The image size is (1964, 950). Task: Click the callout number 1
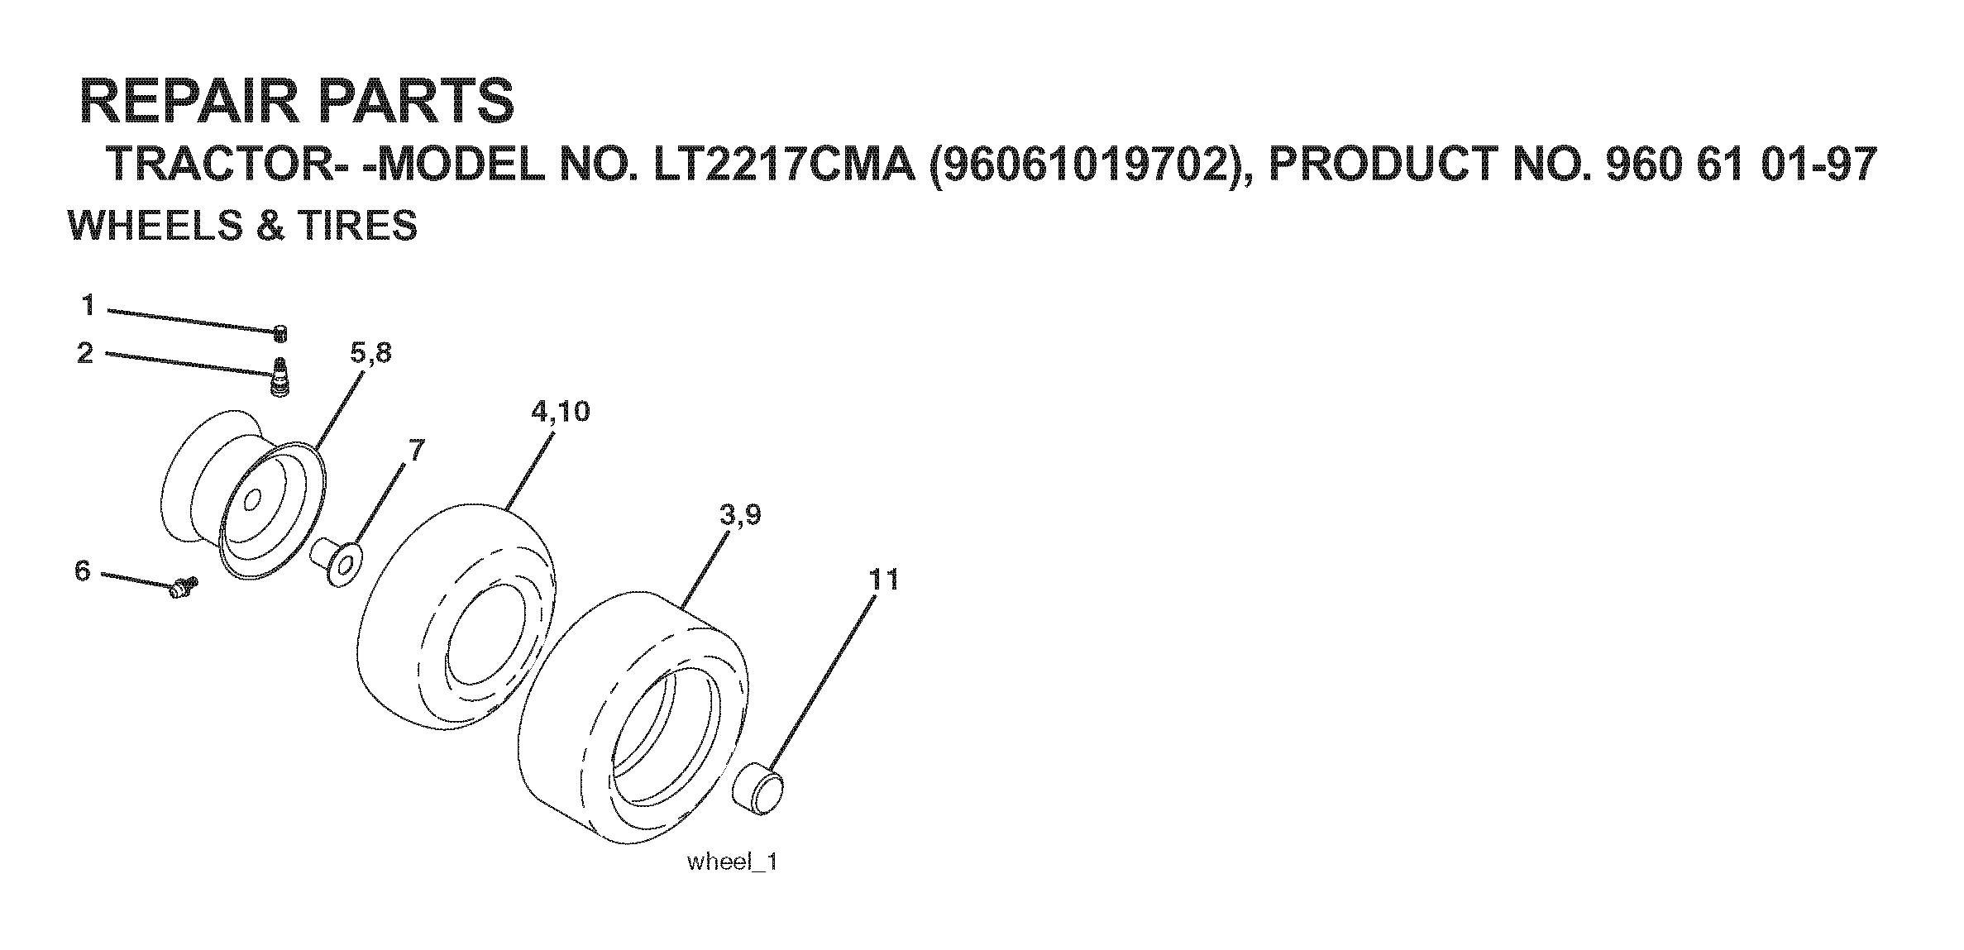click(88, 306)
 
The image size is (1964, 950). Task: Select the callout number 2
click(85, 354)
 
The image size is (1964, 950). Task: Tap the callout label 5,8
click(370, 353)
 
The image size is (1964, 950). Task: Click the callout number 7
click(416, 450)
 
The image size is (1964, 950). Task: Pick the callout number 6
click(83, 570)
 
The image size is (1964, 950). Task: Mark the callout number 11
click(883, 580)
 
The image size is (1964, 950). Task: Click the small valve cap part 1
click(280, 333)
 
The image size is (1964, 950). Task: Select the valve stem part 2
click(281, 378)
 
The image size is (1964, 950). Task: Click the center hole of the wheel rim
click(252, 500)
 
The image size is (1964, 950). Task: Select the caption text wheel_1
click(732, 862)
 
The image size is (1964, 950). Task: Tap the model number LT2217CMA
click(785, 166)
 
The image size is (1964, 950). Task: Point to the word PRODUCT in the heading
click(1374, 166)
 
